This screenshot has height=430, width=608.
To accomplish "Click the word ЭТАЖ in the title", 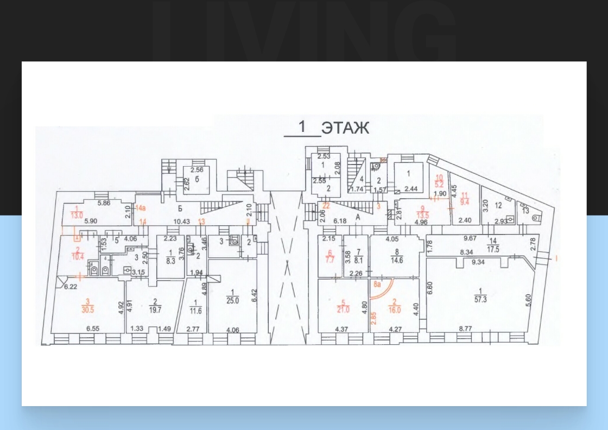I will coord(345,128).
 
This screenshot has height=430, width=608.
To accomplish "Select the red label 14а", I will coord(141,208).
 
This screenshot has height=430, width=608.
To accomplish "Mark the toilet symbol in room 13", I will coord(537,218).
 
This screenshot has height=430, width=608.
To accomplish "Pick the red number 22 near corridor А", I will coord(326,205).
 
